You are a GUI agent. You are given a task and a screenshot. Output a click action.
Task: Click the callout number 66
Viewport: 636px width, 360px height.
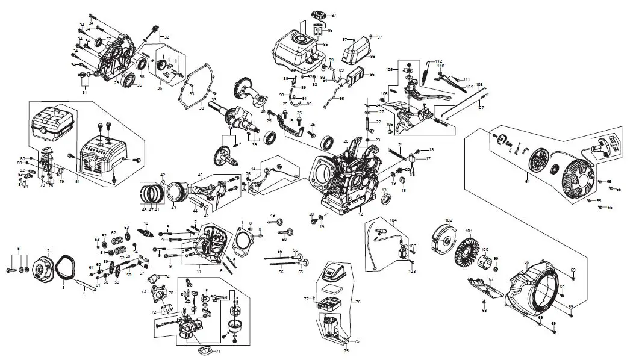tap(526, 262)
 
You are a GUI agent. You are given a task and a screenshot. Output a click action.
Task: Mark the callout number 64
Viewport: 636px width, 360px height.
tap(528, 180)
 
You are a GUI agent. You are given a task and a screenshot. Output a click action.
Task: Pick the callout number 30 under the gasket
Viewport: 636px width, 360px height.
tap(202, 109)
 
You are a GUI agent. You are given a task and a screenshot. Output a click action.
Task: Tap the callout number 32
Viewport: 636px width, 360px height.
tap(166, 37)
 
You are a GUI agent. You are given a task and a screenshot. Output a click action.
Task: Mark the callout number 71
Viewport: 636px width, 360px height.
tap(218, 351)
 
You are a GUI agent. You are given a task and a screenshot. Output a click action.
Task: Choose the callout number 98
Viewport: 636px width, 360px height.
tap(373, 56)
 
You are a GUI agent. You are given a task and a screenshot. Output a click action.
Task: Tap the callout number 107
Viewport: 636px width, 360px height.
tap(481, 108)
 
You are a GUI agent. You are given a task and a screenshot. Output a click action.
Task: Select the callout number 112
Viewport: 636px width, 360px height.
tap(438, 61)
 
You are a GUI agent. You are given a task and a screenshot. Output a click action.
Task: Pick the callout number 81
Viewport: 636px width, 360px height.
tap(77, 181)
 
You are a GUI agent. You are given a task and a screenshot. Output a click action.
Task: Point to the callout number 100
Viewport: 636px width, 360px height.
tap(485, 249)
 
